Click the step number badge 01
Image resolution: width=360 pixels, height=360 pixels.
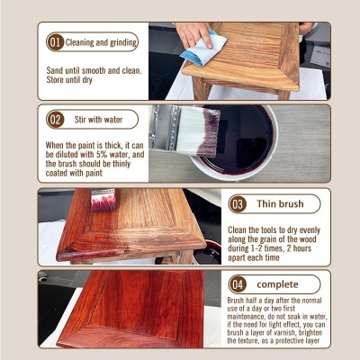[55, 42]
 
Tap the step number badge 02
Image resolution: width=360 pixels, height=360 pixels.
[55, 120]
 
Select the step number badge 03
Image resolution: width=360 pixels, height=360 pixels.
[238, 204]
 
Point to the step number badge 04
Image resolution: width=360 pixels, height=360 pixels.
[238, 284]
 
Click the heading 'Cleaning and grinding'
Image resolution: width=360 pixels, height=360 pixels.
[101, 42]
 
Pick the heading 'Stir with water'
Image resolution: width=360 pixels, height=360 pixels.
[98, 120]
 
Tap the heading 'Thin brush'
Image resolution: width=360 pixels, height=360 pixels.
[280, 204]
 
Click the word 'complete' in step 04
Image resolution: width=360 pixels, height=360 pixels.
[277, 284]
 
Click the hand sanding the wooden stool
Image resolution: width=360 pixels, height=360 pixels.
[193, 33]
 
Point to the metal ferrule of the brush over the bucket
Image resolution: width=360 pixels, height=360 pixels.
[165, 127]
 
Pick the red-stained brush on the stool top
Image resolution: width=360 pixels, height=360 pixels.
[103, 200]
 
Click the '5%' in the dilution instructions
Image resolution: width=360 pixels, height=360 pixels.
[102, 155]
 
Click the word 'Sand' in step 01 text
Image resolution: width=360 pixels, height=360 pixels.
[55, 71]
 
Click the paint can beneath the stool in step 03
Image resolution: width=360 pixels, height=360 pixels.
[208, 253]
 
